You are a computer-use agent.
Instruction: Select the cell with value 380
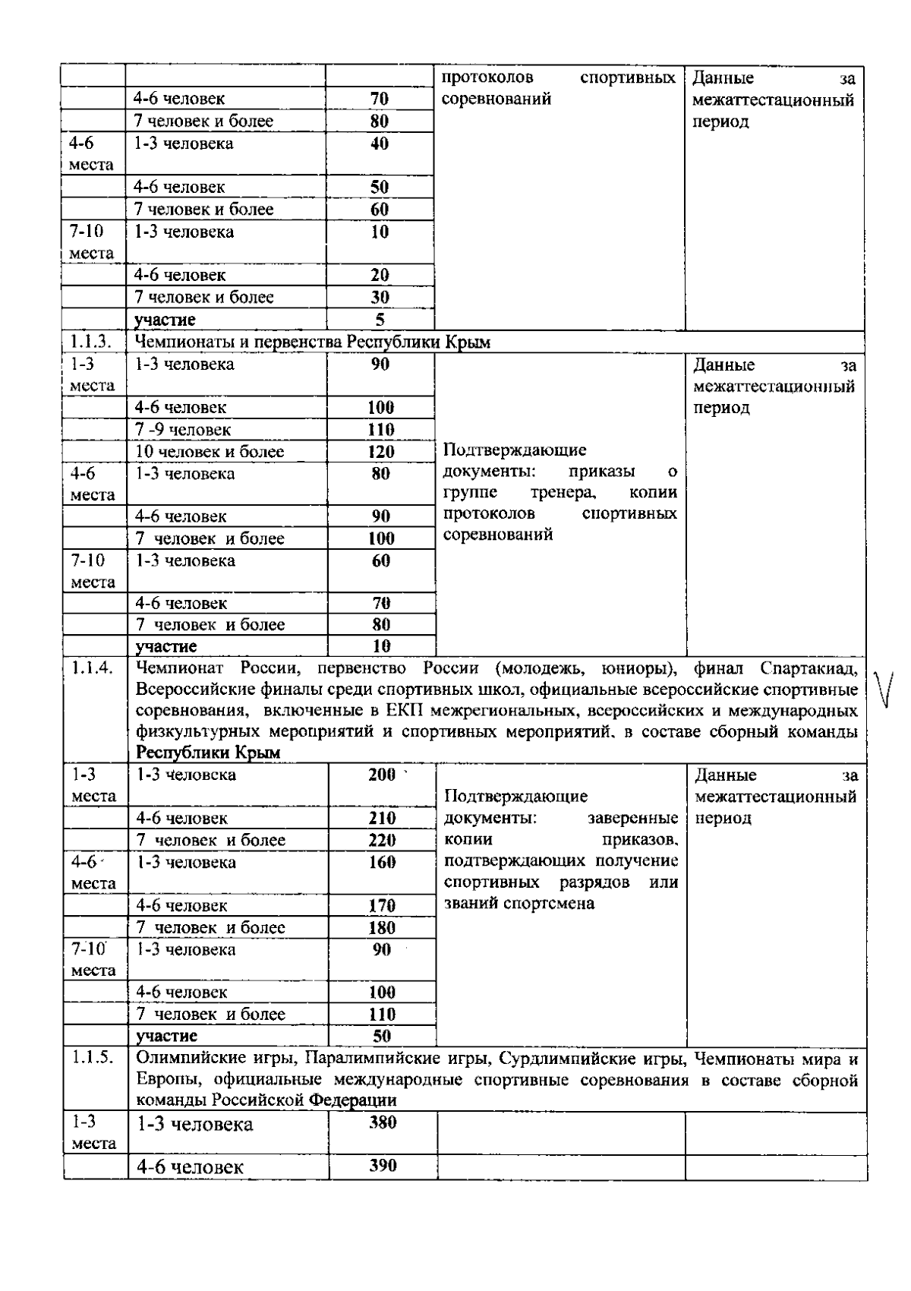click(x=383, y=1122)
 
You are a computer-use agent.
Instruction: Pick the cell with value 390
click(x=383, y=1166)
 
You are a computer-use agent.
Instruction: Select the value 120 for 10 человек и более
click(x=381, y=452)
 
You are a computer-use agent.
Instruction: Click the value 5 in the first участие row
click(x=380, y=320)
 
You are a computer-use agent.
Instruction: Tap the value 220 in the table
click(x=382, y=840)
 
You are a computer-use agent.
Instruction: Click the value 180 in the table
click(x=382, y=927)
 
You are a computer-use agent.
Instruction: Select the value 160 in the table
click(x=382, y=862)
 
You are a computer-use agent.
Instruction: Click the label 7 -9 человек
click(x=183, y=430)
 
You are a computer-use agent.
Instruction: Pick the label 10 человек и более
click(x=210, y=452)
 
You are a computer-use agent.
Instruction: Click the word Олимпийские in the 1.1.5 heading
click(x=182, y=1059)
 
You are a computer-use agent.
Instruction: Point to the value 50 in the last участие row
click(x=382, y=1036)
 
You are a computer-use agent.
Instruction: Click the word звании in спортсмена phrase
click(x=470, y=904)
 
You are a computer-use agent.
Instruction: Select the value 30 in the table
click(x=380, y=298)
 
